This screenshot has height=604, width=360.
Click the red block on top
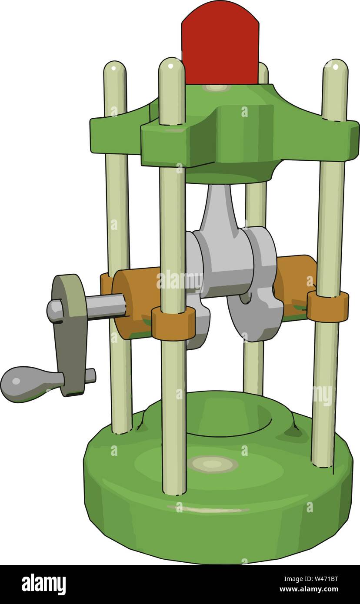220,46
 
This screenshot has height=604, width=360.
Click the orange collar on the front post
173,323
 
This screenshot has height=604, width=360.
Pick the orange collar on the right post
327,306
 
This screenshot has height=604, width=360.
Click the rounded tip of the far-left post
115,70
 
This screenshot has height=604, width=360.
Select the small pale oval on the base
213,464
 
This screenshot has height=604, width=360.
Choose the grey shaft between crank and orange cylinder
104,306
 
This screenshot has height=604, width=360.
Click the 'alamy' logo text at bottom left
43,584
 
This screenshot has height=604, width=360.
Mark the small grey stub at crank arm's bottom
90,375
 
